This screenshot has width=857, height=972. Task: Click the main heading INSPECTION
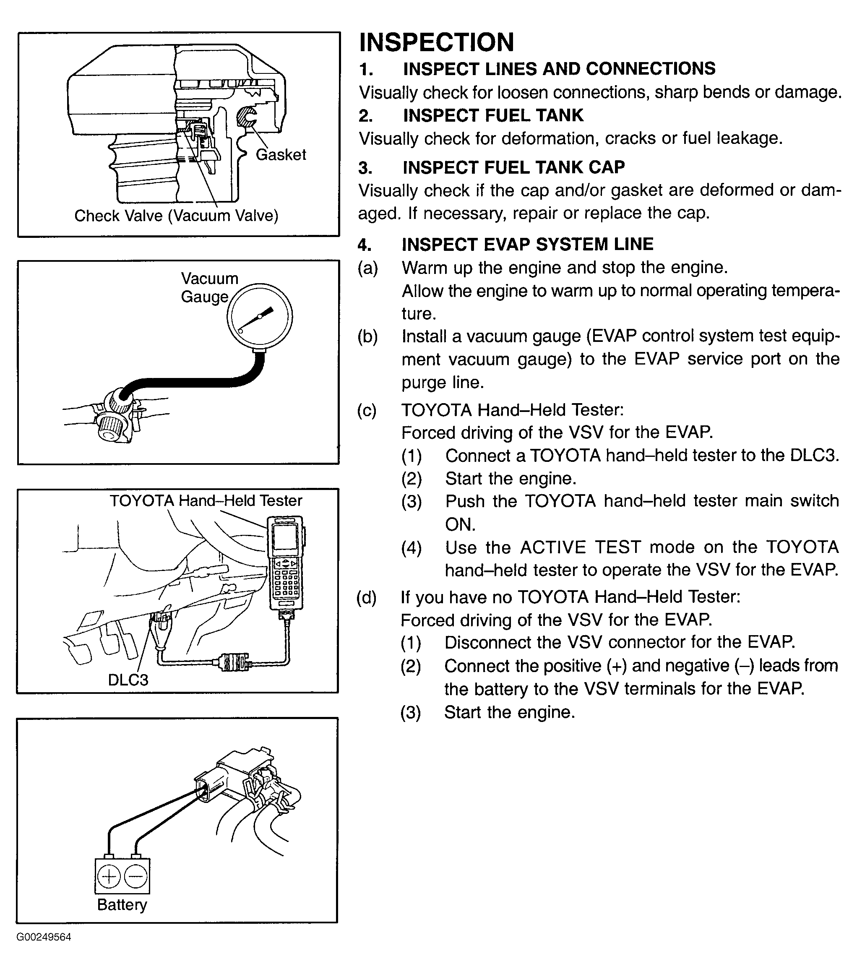click(x=436, y=42)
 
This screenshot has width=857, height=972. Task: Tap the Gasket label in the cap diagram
click(x=281, y=154)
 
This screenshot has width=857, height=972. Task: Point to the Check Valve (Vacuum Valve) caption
click(x=176, y=216)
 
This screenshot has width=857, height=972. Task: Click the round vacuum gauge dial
click(x=259, y=316)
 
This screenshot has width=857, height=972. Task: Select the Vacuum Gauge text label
click(x=209, y=288)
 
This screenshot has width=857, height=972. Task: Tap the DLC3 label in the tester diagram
click(x=128, y=680)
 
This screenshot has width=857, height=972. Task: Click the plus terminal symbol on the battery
click(x=109, y=876)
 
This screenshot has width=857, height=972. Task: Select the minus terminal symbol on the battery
click(x=135, y=876)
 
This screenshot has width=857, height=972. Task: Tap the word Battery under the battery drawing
click(x=122, y=904)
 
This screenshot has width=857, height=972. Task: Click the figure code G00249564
click(x=44, y=950)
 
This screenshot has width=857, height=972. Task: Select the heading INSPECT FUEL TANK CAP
click(x=513, y=167)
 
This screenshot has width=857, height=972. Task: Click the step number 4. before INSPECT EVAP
click(x=365, y=245)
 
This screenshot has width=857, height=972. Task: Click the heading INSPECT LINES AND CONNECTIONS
click(x=559, y=69)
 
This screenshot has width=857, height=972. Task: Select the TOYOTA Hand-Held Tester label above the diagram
click(x=206, y=501)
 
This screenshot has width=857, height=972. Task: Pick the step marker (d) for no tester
click(x=367, y=597)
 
